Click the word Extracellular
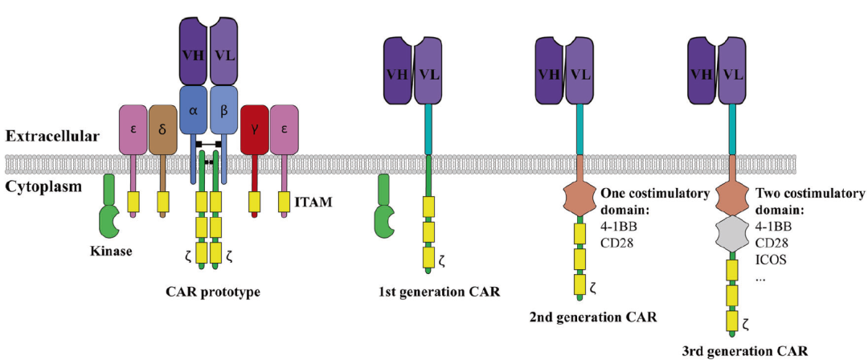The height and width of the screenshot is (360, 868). [52, 137]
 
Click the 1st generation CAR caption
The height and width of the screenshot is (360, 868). [444, 291]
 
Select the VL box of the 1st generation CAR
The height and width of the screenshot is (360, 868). [429, 73]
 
